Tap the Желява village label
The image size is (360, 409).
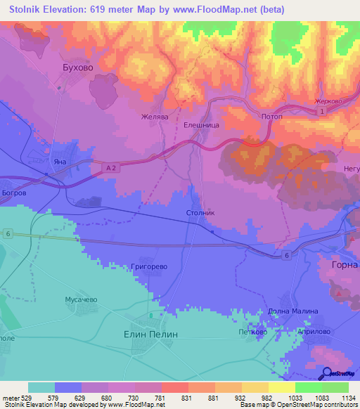(154, 117)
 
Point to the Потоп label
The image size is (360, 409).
(271, 117)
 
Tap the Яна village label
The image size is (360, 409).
(60, 162)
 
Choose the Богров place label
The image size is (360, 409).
(13, 192)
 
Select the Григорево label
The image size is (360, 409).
(148, 267)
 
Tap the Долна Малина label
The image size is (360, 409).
(293, 311)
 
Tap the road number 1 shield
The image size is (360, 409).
(321, 112)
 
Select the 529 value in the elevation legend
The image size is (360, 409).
(28, 398)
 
